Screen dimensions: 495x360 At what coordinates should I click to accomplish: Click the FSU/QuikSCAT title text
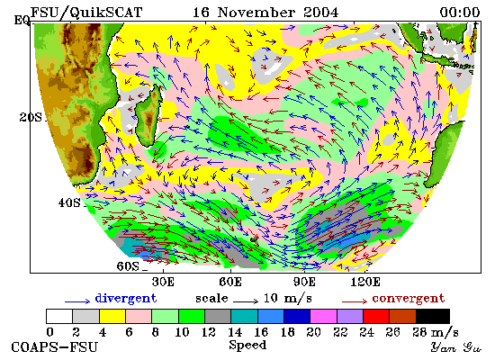click(86, 13)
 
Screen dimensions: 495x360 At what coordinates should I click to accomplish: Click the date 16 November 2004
click(265, 13)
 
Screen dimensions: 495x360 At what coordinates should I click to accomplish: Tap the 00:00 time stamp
click(460, 13)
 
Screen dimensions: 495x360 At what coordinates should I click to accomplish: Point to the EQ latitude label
click(22, 21)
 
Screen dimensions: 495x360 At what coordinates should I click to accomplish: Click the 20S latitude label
click(31, 118)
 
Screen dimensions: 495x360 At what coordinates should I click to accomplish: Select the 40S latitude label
click(69, 202)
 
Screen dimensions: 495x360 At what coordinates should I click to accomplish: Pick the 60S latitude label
click(128, 266)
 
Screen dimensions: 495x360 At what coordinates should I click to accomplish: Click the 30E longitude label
click(163, 282)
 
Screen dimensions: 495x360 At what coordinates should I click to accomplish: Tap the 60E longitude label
click(230, 282)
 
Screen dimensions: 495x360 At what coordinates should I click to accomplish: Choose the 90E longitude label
click(304, 282)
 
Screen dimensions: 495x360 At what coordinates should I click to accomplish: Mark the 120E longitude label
click(365, 282)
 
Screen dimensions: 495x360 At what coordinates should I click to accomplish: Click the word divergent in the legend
click(126, 299)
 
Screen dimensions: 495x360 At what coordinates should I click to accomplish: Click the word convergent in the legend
click(409, 299)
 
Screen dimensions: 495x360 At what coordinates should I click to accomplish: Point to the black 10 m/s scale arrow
click(246, 301)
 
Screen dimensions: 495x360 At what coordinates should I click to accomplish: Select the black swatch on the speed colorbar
click(433, 317)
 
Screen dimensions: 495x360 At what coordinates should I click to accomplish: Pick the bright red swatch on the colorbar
click(376, 317)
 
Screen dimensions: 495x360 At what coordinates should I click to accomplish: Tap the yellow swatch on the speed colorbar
click(112, 317)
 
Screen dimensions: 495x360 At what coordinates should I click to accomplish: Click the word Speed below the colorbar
click(247, 345)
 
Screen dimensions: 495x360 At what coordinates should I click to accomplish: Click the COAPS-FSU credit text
click(55, 347)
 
